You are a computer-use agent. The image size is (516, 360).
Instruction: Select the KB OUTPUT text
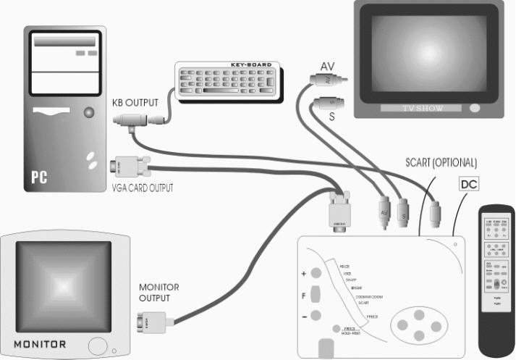coord(135,104)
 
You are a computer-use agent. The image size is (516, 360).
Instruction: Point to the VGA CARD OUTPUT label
coord(142,188)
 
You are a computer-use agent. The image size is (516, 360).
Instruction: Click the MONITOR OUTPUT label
coord(159,292)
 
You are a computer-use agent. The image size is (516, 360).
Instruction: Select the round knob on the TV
coord(475,108)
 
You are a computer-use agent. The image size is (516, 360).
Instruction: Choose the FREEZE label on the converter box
coord(372,317)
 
